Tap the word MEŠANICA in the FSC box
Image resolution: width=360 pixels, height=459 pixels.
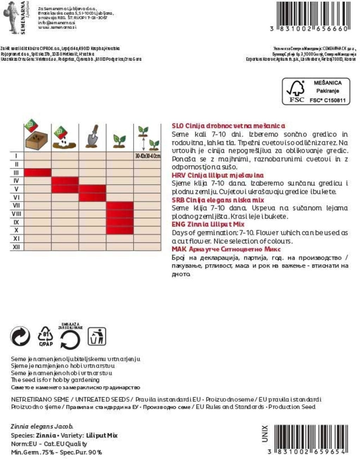point(327,83)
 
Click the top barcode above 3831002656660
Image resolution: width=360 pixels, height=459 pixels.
point(312,13)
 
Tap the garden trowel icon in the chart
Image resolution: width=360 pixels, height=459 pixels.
point(92,136)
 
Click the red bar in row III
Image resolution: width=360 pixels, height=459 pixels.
point(38,172)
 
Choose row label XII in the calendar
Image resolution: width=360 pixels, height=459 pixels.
point(16,247)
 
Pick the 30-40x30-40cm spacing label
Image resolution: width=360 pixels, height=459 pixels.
point(148,156)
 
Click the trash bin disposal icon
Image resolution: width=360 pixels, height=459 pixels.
point(97,336)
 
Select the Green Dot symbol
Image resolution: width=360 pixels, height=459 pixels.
point(20,336)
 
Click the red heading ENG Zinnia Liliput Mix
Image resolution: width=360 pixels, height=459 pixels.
point(208,224)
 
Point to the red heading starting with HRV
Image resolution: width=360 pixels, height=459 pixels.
point(218,175)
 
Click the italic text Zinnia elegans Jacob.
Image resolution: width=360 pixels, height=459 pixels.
point(42,427)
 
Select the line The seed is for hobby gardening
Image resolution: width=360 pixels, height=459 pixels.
point(55,380)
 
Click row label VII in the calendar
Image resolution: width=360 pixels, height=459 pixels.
point(16,206)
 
